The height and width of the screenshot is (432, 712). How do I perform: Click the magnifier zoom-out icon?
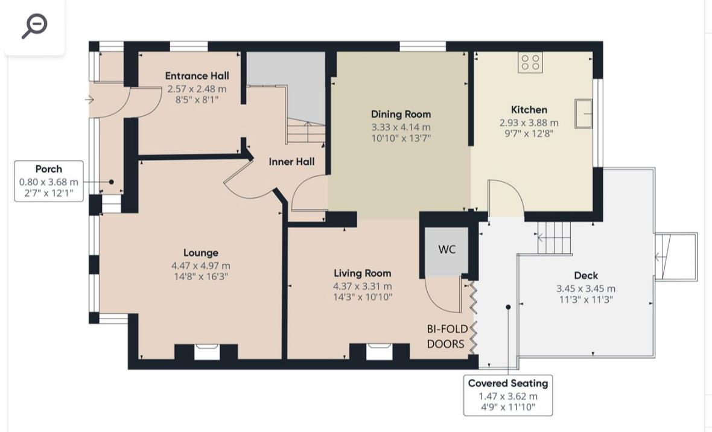tap(34, 27)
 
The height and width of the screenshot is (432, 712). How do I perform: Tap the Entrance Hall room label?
tap(197, 76)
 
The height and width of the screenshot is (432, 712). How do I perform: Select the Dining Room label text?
tap(401, 114)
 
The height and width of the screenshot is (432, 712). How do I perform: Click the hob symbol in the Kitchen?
tap(530, 63)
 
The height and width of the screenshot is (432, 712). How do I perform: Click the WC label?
tap(447, 249)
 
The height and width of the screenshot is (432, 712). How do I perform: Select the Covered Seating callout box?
tap(507, 396)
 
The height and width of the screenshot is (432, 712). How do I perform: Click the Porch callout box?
tap(49, 181)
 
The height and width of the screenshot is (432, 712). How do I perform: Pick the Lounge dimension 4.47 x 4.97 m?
tap(200, 265)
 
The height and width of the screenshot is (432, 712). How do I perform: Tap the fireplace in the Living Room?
tap(380, 351)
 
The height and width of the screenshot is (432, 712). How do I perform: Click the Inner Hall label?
tap(291, 162)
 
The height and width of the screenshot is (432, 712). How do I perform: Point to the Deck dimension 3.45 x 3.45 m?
tap(585, 289)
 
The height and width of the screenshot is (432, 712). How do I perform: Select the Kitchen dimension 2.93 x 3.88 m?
tap(529, 122)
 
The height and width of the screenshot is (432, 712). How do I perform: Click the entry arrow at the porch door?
tap(90, 100)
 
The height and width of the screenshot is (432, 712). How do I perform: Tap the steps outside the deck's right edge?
tap(676, 256)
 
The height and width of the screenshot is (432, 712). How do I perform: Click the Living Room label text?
tap(362, 273)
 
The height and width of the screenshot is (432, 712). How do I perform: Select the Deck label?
tap(585, 276)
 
